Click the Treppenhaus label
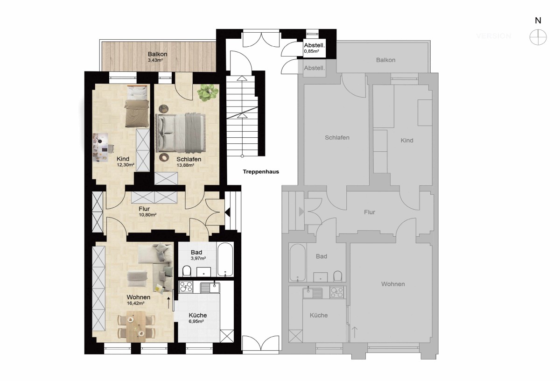(x=261, y=172)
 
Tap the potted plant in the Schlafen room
(x=208, y=92)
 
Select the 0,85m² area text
(x=311, y=51)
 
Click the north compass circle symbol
(x=538, y=37)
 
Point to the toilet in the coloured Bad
(x=187, y=271)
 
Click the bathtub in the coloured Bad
(x=225, y=259)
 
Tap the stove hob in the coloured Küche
(x=186, y=287)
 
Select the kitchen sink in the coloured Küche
(x=210, y=288)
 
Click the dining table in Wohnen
(x=136, y=326)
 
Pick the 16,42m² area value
(x=135, y=303)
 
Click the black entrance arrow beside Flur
(x=227, y=212)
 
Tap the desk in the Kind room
(x=100, y=148)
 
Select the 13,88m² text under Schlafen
(x=186, y=165)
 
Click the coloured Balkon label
(x=158, y=54)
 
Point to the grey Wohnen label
(x=393, y=284)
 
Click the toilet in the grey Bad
(x=338, y=276)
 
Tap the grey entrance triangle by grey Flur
(x=301, y=212)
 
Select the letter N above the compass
(x=538, y=21)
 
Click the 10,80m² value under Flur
(x=147, y=215)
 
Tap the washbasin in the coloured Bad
(x=203, y=272)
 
